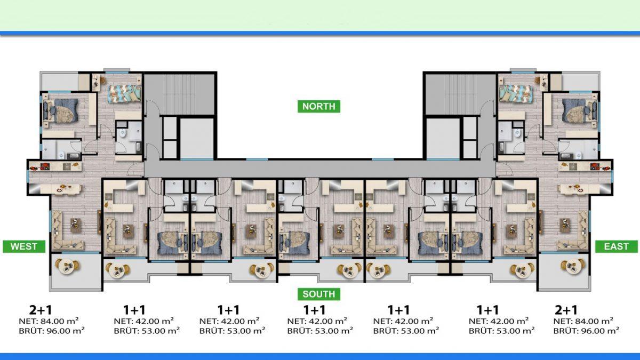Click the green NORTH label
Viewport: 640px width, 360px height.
319,106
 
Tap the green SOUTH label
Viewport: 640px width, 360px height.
319,294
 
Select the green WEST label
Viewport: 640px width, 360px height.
24,246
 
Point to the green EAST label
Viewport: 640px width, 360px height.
617,246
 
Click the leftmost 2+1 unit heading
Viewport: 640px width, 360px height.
41,310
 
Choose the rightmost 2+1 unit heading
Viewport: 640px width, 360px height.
566,310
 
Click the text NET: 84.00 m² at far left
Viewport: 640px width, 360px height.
49,321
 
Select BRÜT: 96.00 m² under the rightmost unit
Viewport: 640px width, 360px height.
586,331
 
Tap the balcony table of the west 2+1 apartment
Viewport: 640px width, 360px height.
67,266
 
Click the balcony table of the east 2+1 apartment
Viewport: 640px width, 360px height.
573,266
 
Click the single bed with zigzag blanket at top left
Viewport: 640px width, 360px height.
124,93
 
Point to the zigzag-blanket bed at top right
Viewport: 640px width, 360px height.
516,93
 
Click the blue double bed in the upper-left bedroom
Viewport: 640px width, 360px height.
61,110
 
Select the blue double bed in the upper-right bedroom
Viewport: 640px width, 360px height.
579,110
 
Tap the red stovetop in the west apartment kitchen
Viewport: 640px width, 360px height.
45,166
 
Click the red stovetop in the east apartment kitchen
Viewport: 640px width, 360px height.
595,166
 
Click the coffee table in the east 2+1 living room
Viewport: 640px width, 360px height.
565,223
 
